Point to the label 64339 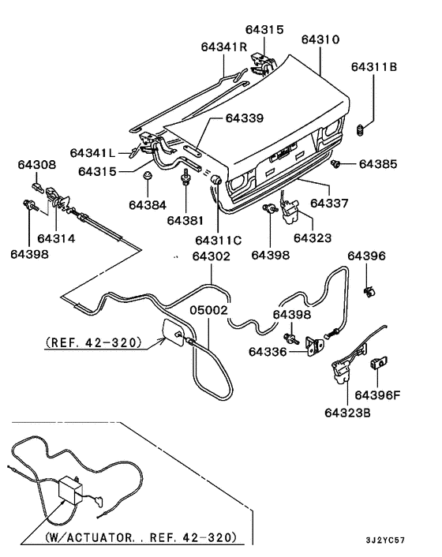[245, 118]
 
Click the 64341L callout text [92, 151]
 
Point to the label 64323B [346, 411]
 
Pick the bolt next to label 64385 [337, 164]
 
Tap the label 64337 [329, 203]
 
